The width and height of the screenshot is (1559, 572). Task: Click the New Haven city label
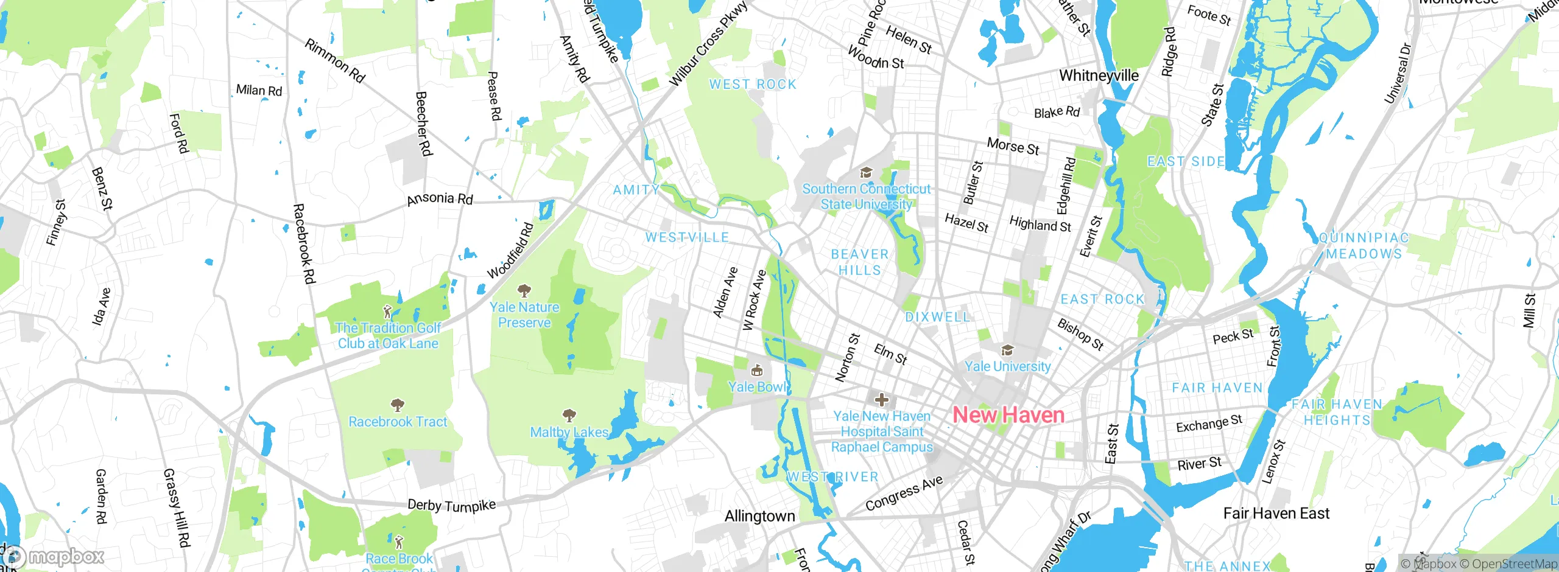click(1008, 416)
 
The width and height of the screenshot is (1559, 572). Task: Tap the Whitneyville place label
click(1099, 76)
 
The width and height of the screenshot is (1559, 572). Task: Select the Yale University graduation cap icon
click(1007, 351)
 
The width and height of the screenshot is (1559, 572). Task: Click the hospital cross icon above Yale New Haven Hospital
click(881, 400)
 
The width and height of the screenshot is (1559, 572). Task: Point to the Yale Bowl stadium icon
click(756, 370)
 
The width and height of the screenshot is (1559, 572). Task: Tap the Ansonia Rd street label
click(440, 198)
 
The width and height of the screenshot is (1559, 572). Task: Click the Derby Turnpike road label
click(451, 505)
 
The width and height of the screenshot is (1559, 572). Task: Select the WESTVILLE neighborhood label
click(687, 237)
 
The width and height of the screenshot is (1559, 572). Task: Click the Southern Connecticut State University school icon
click(865, 173)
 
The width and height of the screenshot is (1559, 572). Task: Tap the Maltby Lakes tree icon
click(569, 416)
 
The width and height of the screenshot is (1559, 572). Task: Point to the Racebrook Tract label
click(398, 422)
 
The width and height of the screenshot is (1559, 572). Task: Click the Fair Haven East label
click(1276, 514)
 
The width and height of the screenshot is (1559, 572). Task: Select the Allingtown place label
click(759, 517)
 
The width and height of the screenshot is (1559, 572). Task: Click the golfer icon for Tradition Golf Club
click(387, 313)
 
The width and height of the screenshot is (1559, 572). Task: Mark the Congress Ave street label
click(904, 494)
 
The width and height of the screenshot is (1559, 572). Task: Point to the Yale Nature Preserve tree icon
click(524, 291)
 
